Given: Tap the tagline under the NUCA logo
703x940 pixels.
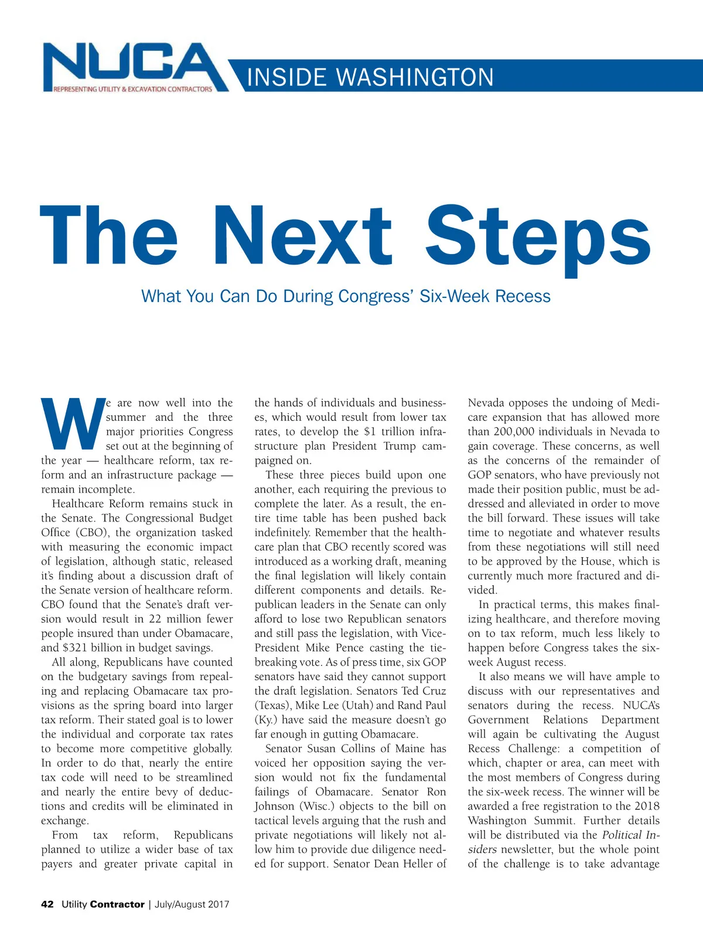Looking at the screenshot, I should (x=133, y=90).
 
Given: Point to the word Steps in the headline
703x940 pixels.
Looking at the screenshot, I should (x=538, y=237).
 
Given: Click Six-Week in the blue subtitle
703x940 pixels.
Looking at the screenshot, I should (x=455, y=296).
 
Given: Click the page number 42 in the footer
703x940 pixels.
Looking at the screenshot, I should (x=47, y=904).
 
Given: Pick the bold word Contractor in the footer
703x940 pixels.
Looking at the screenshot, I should (x=117, y=904).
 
